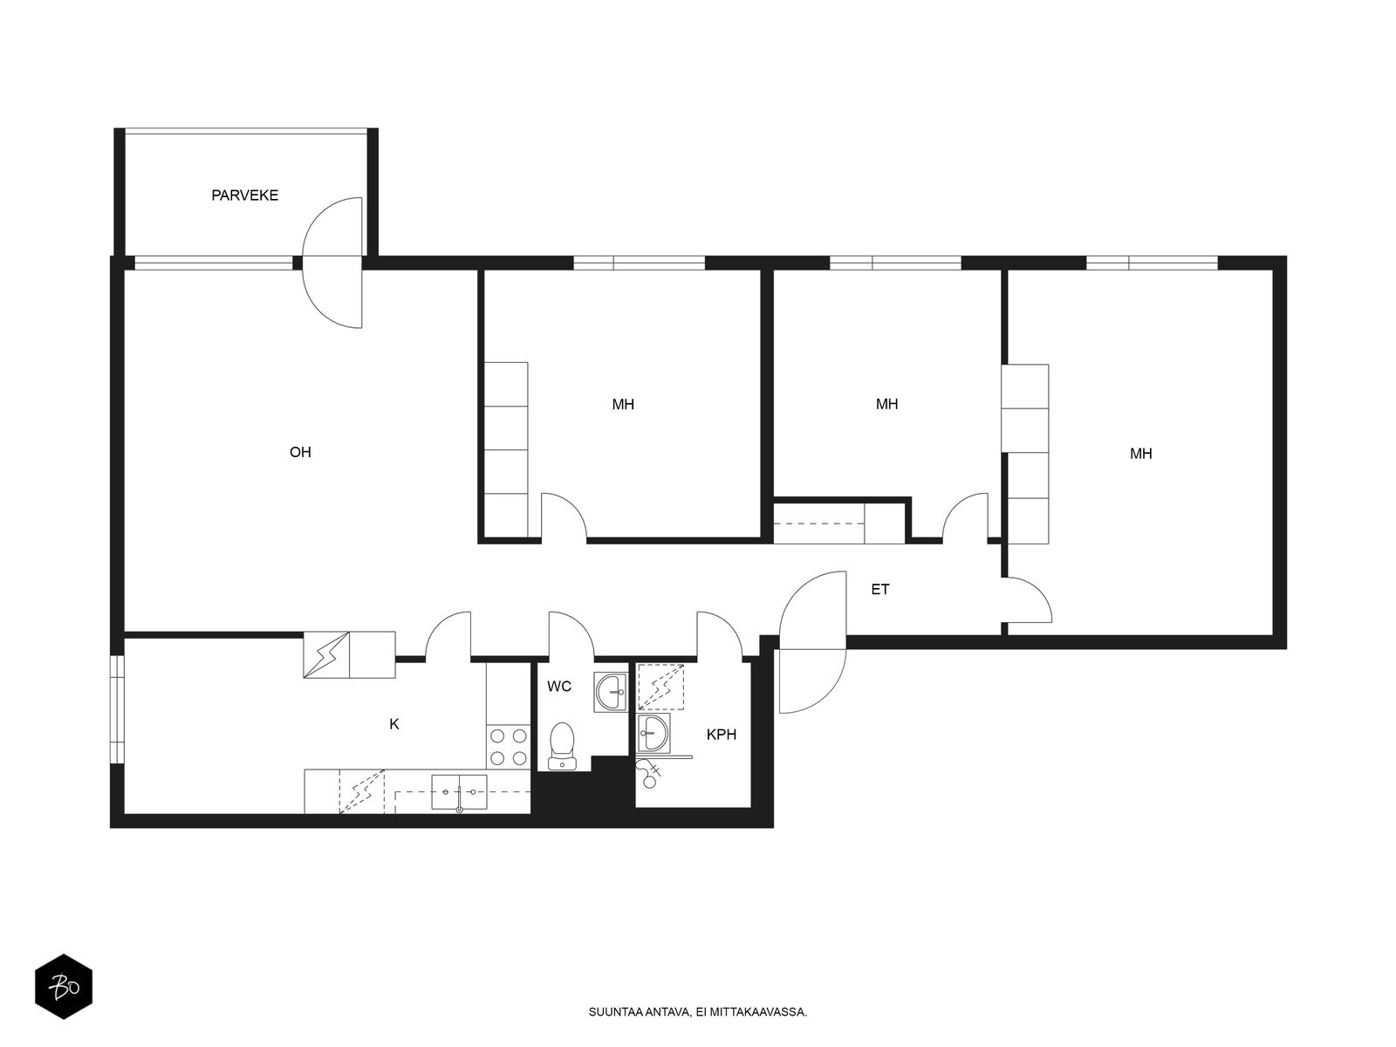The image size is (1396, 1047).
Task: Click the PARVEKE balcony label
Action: pyautogui.click(x=245, y=195)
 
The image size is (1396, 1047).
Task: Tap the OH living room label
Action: pyautogui.click(x=300, y=452)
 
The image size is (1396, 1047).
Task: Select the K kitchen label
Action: pyautogui.click(x=394, y=724)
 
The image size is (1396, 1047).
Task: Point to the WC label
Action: pyautogui.click(x=559, y=687)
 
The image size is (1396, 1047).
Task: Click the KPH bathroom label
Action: pyautogui.click(x=722, y=735)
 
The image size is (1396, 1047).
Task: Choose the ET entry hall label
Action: pyautogui.click(x=880, y=590)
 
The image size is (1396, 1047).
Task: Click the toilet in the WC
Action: pyautogui.click(x=562, y=746)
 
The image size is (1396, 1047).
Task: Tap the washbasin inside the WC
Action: pyautogui.click(x=611, y=692)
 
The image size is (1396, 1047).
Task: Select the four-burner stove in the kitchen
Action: pyautogui.click(x=508, y=747)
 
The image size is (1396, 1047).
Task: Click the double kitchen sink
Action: pyautogui.click(x=459, y=791)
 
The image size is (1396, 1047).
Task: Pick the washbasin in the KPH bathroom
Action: pyautogui.click(x=654, y=733)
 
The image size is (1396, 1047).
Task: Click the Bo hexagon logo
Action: pyautogui.click(x=64, y=987)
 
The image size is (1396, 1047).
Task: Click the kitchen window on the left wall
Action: pyautogui.click(x=117, y=708)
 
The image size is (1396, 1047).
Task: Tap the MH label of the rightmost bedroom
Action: pyautogui.click(x=1141, y=454)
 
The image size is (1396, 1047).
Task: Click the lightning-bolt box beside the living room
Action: pyautogui.click(x=326, y=655)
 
